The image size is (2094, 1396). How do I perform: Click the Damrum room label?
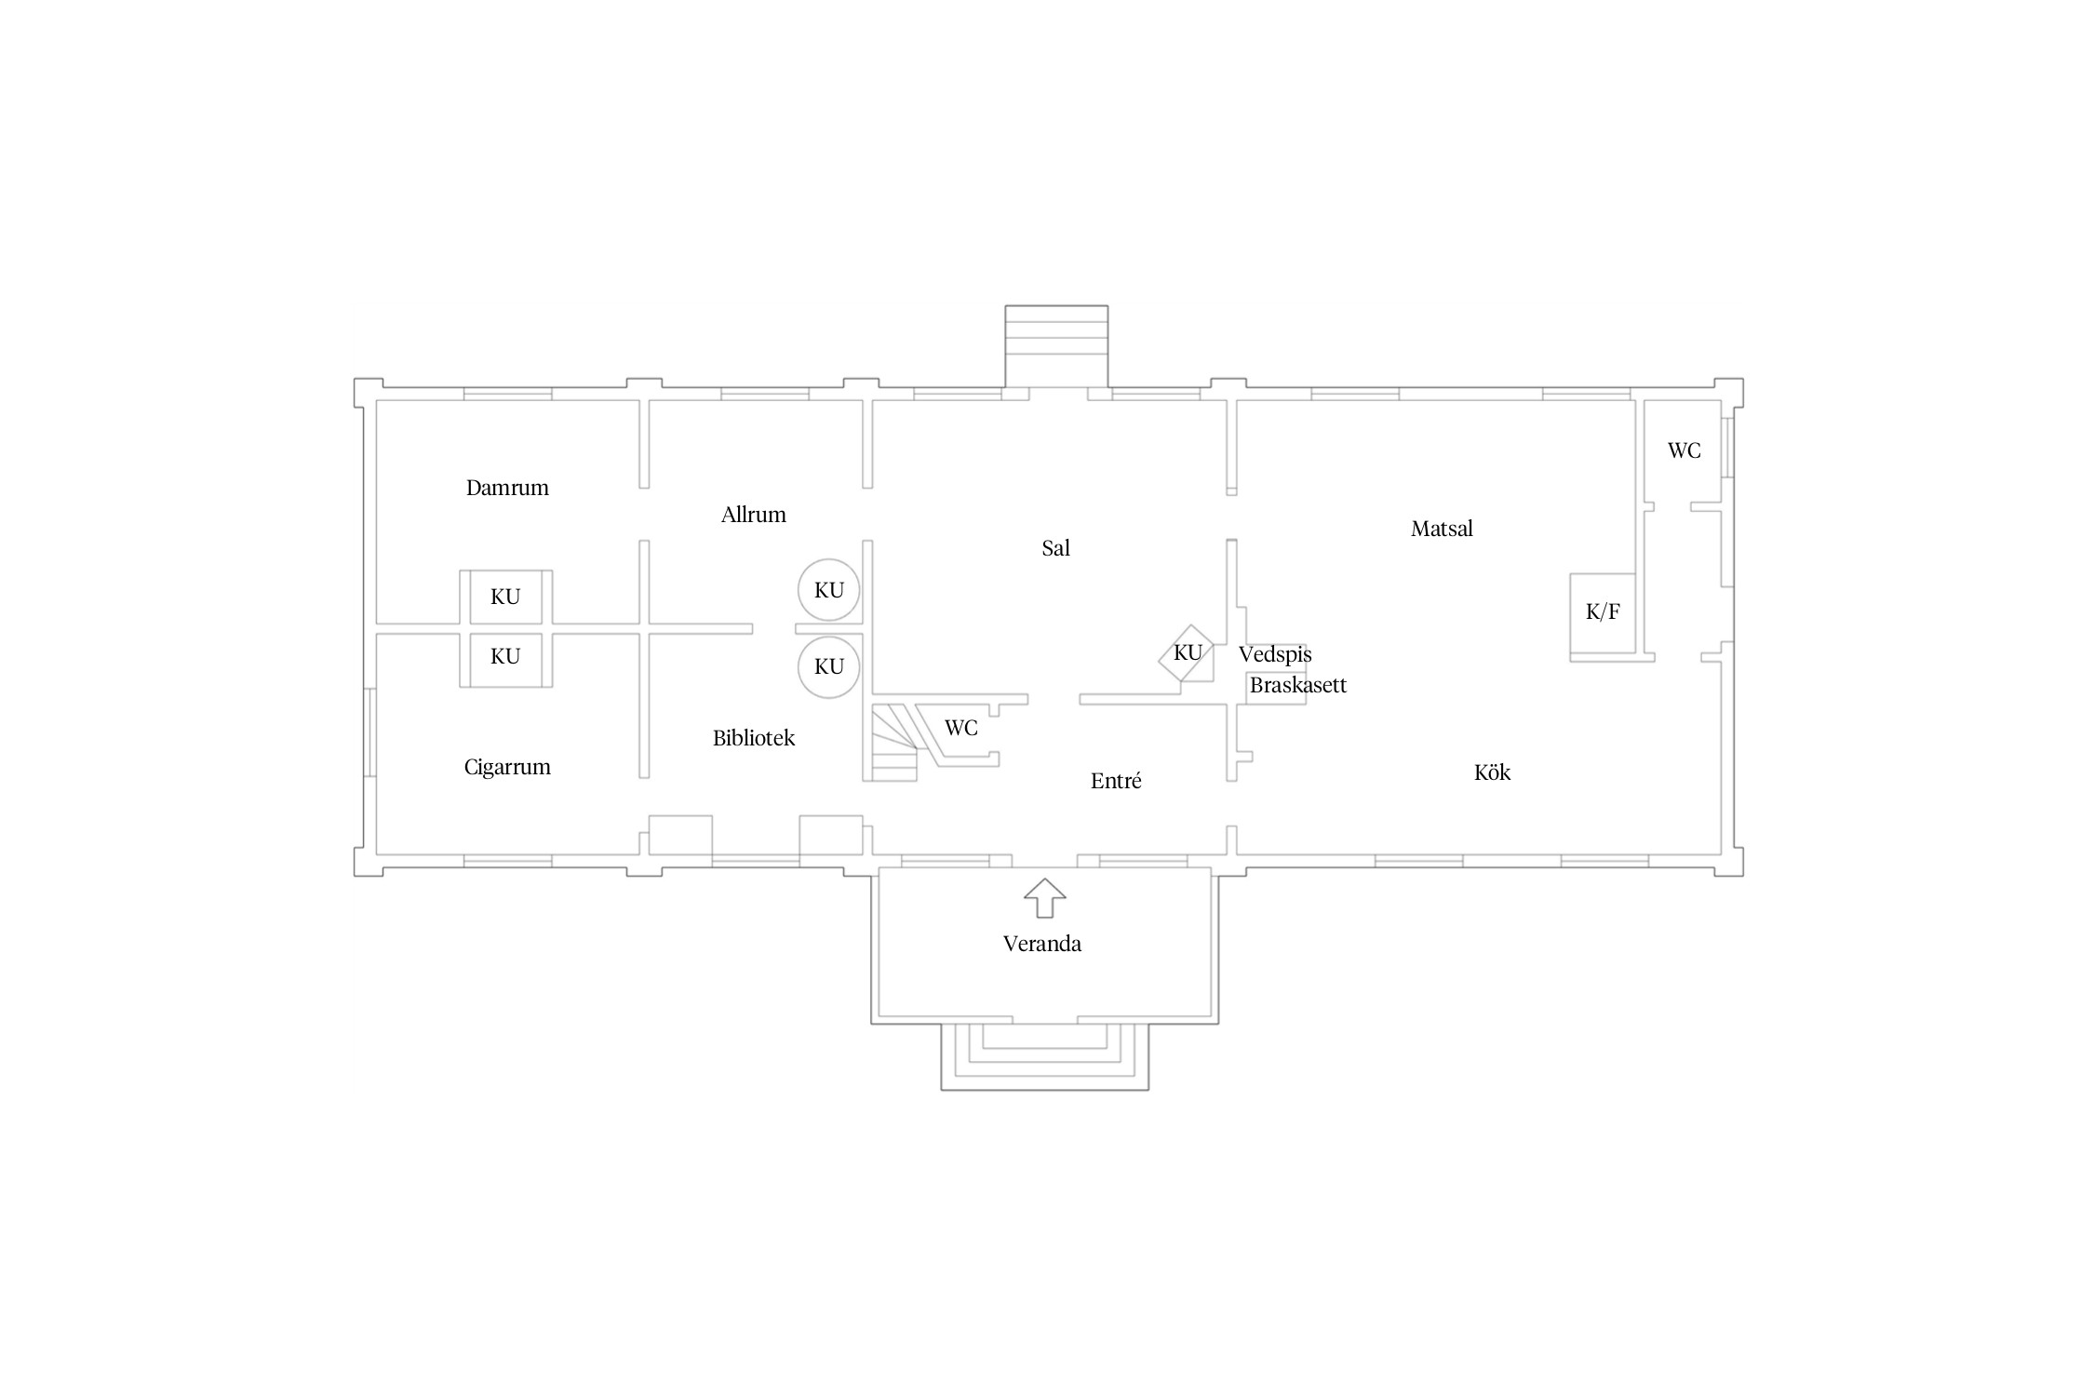click(507, 488)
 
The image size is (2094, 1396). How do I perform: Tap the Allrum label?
click(753, 515)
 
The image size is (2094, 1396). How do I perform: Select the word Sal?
click(1055, 548)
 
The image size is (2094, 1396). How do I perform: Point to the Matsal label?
click(1442, 529)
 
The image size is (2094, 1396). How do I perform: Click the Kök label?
click(1492, 772)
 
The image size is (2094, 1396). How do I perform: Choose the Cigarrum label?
click(507, 768)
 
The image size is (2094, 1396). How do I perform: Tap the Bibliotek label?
click(754, 738)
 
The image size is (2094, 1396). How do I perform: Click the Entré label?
click(1116, 781)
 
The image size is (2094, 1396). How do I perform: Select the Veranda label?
click(1042, 944)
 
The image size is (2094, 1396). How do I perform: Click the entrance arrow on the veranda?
click(1044, 898)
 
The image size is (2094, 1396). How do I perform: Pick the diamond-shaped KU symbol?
click(1187, 652)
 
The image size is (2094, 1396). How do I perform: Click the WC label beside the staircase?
click(961, 728)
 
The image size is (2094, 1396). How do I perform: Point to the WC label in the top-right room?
click(1684, 450)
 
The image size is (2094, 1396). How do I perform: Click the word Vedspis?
click(1275, 654)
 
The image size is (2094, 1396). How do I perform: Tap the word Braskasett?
click(1298, 686)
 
